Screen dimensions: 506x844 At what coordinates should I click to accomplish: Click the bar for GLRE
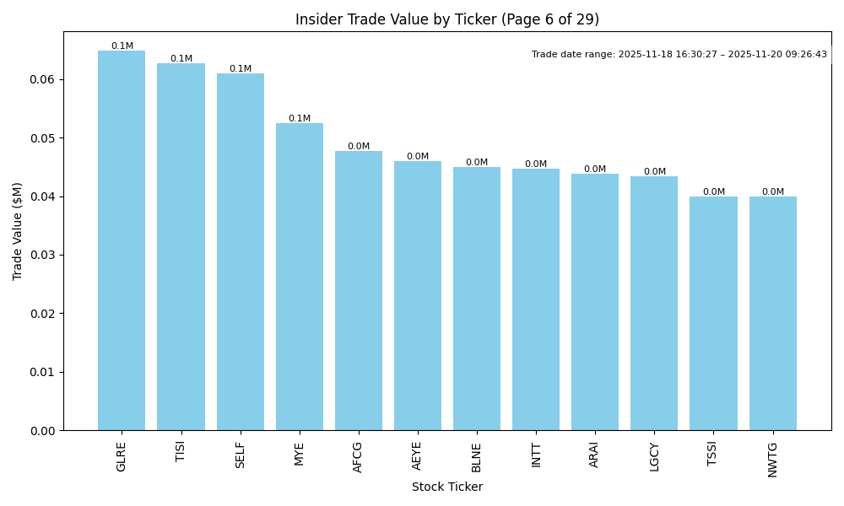[x=122, y=240]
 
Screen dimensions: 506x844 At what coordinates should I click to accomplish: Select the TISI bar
[x=181, y=246]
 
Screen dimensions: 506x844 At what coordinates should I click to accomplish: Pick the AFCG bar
[x=359, y=290]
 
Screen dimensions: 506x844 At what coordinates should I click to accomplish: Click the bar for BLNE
[x=477, y=299]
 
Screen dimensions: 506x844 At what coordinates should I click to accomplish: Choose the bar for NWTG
[x=772, y=313]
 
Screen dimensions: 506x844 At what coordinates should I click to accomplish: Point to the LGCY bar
[x=654, y=303]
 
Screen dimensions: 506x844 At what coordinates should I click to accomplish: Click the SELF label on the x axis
[x=241, y=455]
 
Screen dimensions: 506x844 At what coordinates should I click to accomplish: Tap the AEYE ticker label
[x=418, y=456]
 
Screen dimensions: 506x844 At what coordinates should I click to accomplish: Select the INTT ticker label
[x=536, y=455]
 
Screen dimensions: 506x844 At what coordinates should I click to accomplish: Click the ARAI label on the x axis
[x=595, y=455]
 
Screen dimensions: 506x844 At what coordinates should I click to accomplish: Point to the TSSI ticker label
[x=713, y=455]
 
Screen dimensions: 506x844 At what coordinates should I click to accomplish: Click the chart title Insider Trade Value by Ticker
[x=446, y=19]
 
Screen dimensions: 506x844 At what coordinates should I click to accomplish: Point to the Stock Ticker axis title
[x=446, y=487]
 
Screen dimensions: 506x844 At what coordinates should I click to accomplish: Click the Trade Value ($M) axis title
[x=18, y=231]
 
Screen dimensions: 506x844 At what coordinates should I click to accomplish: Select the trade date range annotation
[x=679, y=55]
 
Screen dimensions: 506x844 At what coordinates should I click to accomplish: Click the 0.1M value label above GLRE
[x=122, y=46]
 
